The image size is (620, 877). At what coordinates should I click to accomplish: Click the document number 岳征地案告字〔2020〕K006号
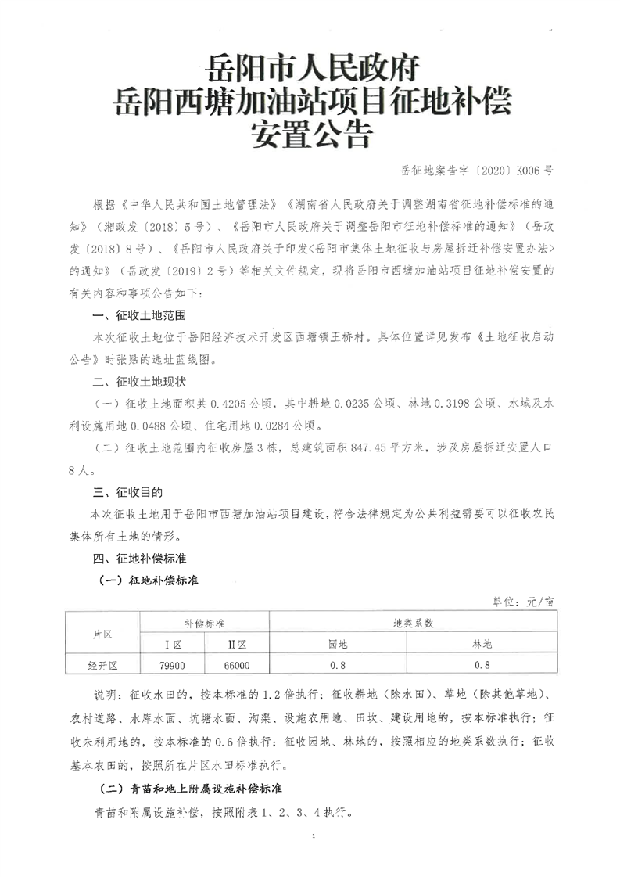[475, 167]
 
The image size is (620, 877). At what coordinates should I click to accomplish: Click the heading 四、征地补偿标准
[138, 560]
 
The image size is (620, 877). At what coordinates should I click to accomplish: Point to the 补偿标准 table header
[204, 624]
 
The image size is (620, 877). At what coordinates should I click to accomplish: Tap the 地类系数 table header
[413, 624]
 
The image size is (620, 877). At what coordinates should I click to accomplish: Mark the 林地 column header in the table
[482, 645]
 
